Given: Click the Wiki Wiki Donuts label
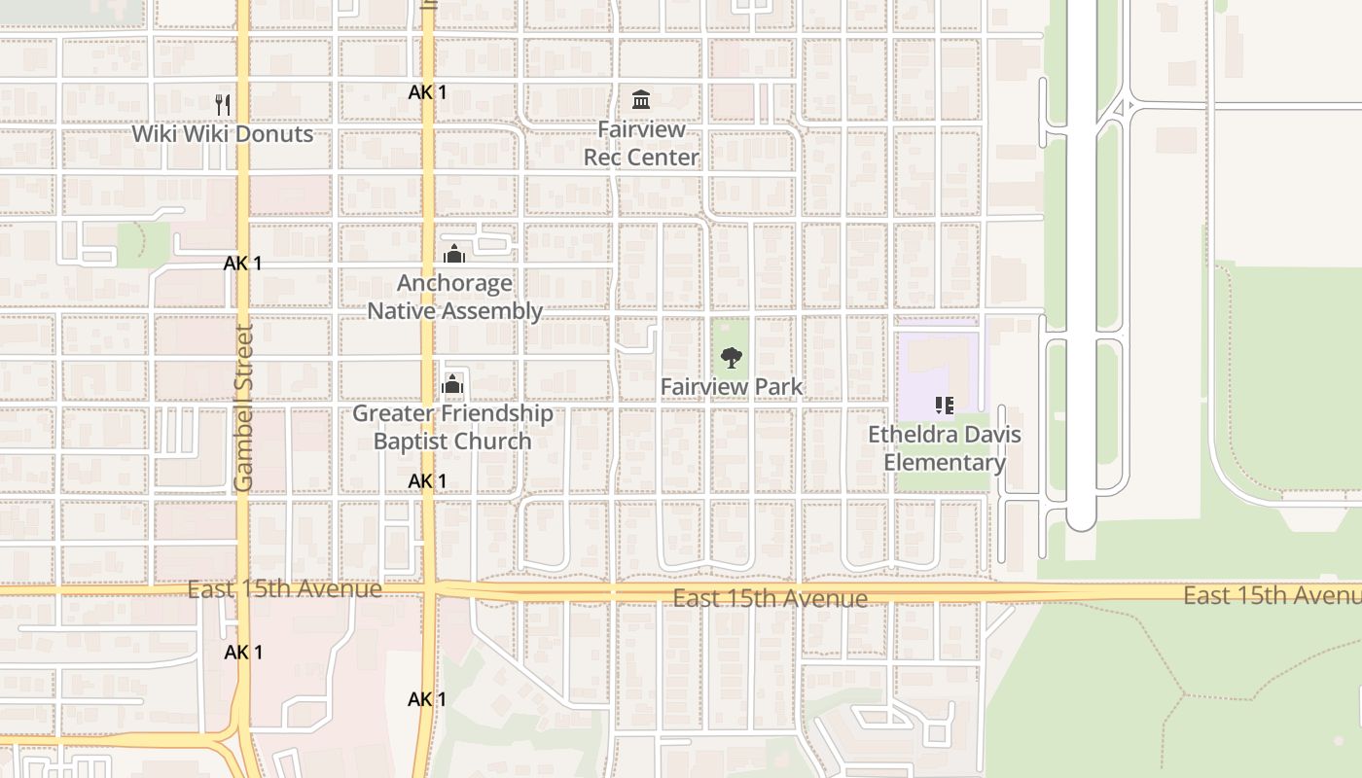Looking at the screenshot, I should tap(223, 134).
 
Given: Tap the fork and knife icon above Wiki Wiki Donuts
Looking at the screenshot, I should tap(223, 103).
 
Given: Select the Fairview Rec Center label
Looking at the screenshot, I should tap(641, 143).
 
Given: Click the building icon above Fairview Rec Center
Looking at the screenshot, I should tap(641, 99).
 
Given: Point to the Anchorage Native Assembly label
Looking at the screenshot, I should tap(454, 297).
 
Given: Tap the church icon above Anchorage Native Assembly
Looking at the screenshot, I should tap(453, 254).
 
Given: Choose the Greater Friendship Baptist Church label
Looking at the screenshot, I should tap(452, 427).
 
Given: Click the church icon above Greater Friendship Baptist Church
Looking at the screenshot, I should tap(452, 384).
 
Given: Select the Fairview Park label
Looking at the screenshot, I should tap(732, 387).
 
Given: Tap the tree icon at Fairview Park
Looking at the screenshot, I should tap(732, 357).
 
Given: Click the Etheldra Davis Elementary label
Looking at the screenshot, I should tap(945, 447).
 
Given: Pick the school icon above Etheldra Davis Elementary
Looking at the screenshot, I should tap(944, 405).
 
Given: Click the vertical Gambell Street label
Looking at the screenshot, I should tap(243, 408).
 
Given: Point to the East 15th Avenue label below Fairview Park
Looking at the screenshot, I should tap(770, 598).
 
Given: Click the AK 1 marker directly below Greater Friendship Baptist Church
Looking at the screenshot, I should tap(427, 481).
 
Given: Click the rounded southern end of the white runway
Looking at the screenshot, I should tap(1081, 522).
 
